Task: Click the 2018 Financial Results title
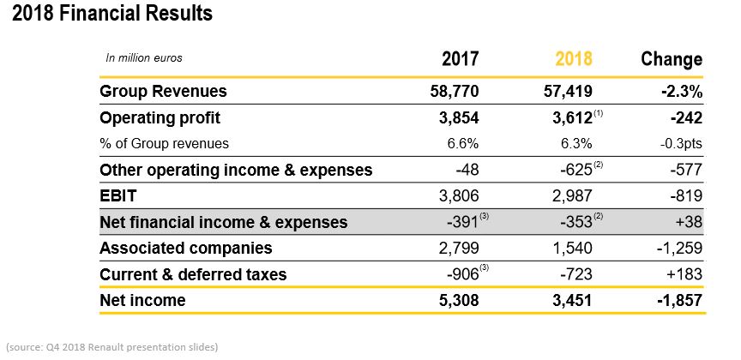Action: point(112,13)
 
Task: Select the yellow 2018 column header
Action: point(573,59)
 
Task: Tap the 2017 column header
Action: point(461,59)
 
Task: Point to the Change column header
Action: point(672,59)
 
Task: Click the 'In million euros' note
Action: point(144,58)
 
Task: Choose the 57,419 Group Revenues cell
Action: point(568,91)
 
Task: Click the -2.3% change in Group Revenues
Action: point(682,91)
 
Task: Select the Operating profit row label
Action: point(160,118)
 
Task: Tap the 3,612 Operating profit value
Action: point(572,118)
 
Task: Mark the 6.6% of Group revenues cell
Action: point(462,144)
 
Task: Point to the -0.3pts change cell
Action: point(681,144)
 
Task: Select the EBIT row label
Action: point(118,195)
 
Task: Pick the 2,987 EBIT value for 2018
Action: point(572,195)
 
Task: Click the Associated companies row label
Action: point(186,248)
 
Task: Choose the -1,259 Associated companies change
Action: point(679,248)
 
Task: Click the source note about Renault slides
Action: point(112,347)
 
